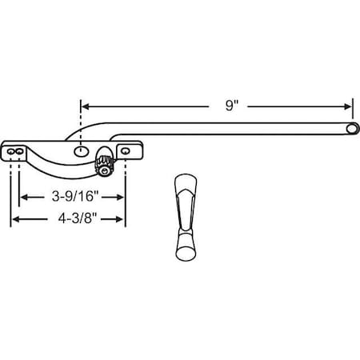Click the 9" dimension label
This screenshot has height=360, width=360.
[x=230, y=105]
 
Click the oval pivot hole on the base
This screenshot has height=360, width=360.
[x=81, y=150]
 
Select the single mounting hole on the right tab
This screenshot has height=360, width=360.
[x=124, y=150]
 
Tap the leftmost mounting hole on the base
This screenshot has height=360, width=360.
[x=11, y=150]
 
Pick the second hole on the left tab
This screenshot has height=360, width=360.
[x=20, y=150]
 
